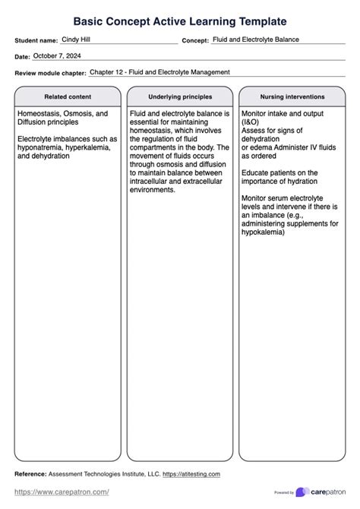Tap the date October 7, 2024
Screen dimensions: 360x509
tap(57, 55)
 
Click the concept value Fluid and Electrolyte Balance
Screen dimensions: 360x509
tap(256, 39)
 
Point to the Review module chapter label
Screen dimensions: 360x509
tap(49, 73)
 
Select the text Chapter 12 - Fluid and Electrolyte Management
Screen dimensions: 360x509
tap(159, 72)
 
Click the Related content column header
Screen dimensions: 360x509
tap(68, 97)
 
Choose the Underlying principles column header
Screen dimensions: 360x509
tap(180, 97)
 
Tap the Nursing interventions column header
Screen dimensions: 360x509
tap(292, 97)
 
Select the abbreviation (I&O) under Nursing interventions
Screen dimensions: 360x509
tap(250, 122)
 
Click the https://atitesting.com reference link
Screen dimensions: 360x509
tap(191, 474)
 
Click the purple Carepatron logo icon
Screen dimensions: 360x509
tap(302, 492)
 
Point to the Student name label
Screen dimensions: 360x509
tap(36, 40)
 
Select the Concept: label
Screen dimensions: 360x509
tap(194, 40)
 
